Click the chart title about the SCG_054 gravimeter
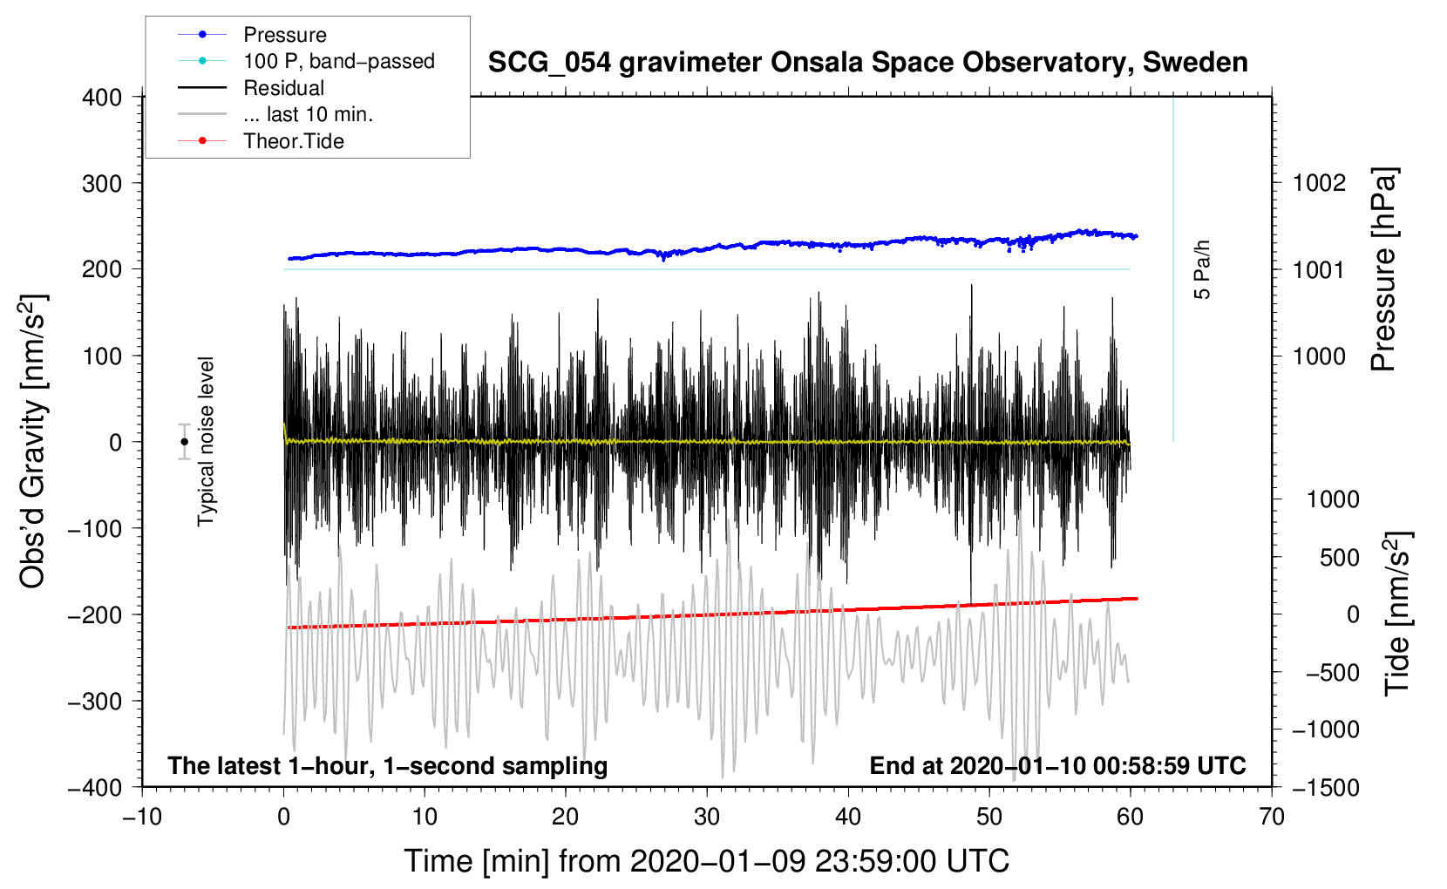tap(867, 63)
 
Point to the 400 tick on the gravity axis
tap(103, 98)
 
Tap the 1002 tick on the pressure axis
tap(1319, 183)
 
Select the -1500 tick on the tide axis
tap(1325, 787)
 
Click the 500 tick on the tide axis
tap(1339, 557)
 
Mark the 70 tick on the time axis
tap(1272, 817)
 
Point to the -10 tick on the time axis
tap(142, 817)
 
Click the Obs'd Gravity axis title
tap(32, 441)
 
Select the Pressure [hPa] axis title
tap(1383, 270)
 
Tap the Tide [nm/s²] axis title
tap(1397, 614)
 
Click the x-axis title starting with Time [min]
tap(706, 861)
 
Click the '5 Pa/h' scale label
tap(1202, 269)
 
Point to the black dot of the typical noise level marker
tap(184, 442)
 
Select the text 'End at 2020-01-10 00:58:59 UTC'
tap(1057, 765)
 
